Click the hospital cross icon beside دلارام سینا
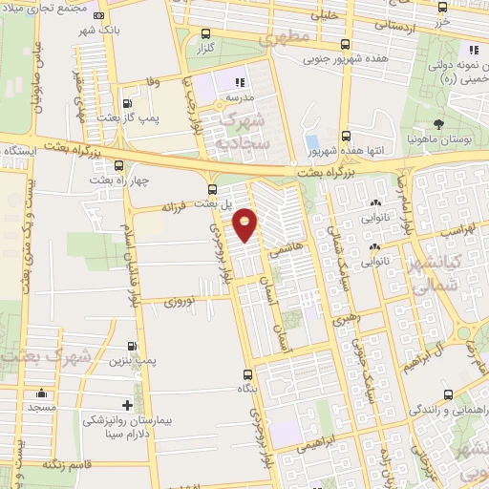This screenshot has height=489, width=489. [127, 405]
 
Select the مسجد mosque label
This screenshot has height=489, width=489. [41, 406]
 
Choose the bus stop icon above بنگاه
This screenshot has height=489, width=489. [248, 374]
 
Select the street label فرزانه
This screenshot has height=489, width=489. [179, 205]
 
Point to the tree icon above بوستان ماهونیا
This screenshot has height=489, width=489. [438, 123]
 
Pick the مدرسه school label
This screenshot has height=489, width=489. [239, 97]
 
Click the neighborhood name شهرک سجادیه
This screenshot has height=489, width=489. [244, 132]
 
